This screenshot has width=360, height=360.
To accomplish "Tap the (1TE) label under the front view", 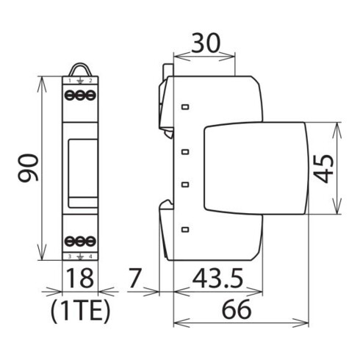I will click(80, 313).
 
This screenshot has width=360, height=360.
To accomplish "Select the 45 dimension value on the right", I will click(325, 168).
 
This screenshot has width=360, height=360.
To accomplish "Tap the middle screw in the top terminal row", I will click(81, 96).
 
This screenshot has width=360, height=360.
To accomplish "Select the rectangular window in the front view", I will click(80, 168).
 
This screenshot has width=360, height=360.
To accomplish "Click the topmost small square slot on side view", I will click(185, 107).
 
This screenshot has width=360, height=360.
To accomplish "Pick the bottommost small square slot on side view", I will click(185, 229).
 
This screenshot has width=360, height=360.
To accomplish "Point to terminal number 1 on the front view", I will click(70, 79).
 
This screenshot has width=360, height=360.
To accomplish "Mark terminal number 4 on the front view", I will click(91, 256).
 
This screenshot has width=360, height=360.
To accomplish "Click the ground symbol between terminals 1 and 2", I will click(80, 80).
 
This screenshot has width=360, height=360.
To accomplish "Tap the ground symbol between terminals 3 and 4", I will click(80, 256).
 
